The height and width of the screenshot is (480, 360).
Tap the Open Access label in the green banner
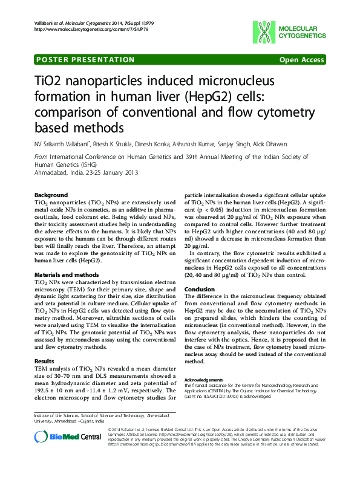click(301, 60)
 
